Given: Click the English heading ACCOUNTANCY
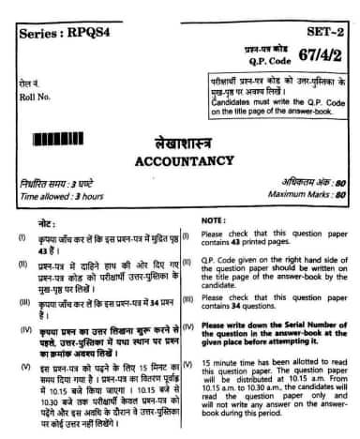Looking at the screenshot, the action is tap(180, 159).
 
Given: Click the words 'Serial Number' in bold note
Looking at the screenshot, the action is tap(310, 324).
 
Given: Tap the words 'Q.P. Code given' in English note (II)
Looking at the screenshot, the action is tap(230, 261).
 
